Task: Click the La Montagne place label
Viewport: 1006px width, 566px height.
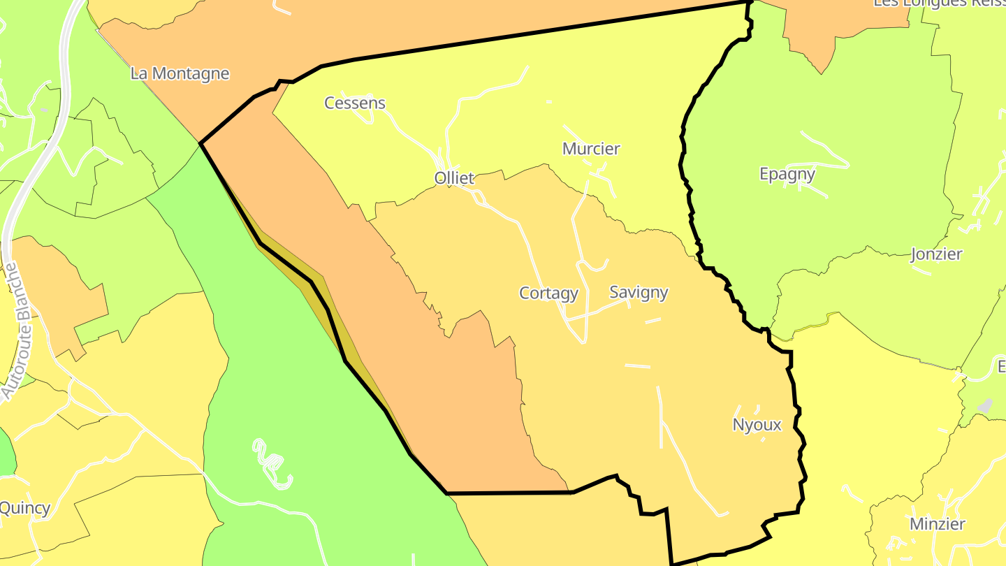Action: pos(180,73)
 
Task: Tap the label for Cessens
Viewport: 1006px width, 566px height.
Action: pos(355,103)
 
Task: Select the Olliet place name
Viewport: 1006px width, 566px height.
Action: pos(454,178)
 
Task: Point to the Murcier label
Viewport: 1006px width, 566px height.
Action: pos(591,149)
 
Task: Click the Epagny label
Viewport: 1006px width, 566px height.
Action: pos(787,174)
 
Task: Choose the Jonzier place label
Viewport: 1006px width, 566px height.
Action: pos(936,254)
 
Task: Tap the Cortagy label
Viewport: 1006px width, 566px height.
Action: pos(548,293)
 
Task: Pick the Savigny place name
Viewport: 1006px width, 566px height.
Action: pos(639,292)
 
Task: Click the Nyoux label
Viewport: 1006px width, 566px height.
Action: pos(757,425)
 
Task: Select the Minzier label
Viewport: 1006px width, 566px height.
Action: pos(937,524)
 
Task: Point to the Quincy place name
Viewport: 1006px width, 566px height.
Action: pos(25,508)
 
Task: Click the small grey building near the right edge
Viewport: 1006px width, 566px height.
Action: pos(984,405)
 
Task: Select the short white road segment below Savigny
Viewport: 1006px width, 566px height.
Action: pos(653,321)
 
